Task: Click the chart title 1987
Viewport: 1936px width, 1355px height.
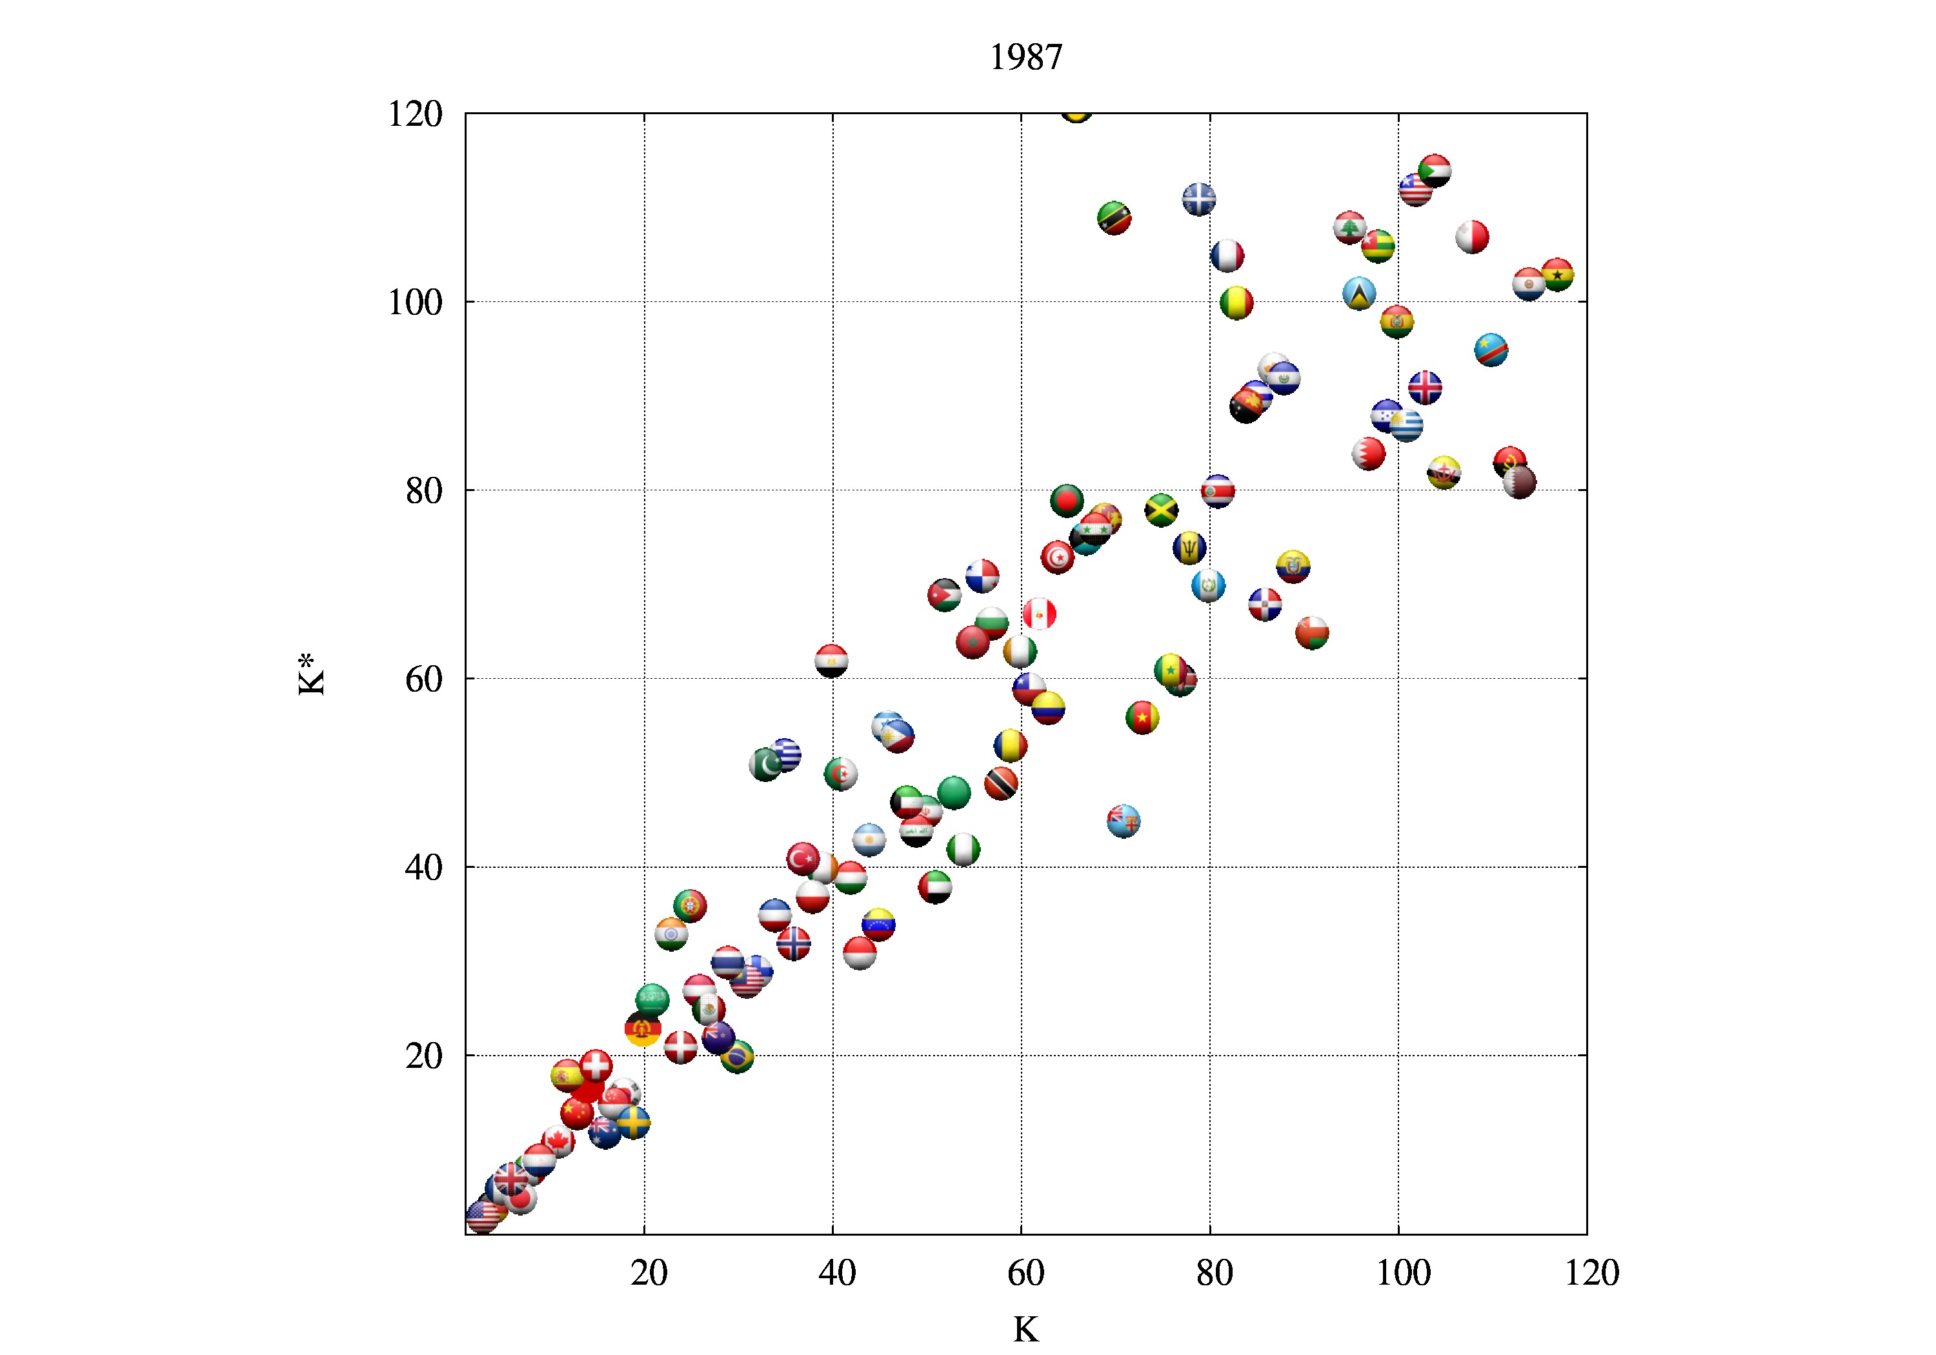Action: (1025, 57)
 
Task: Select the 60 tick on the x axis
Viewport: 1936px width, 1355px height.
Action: (1025, 1273)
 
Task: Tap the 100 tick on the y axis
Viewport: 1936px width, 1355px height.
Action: (415, 303)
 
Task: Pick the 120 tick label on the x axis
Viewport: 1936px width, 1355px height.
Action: (1591, 1273)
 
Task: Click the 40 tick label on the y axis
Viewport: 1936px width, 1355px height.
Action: (423, 868)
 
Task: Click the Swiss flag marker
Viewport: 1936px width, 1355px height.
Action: (596, 1067)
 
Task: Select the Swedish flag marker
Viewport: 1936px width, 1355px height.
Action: (633, 1122)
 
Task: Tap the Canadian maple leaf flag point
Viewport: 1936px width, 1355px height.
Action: (558, 1141)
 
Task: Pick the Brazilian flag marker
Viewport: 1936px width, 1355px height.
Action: (737, 1056)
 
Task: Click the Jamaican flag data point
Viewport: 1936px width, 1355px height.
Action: (1161, 510)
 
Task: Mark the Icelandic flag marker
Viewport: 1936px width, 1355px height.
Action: (1425, 388)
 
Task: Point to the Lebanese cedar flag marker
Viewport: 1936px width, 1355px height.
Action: (1350, 228)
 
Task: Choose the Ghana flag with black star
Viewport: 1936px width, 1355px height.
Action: (1557, 275)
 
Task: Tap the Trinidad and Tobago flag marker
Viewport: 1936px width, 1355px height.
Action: (1001, 783)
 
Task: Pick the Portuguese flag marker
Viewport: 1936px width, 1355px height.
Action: (690, 905)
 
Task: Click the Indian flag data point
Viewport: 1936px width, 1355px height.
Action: (671, 934)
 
